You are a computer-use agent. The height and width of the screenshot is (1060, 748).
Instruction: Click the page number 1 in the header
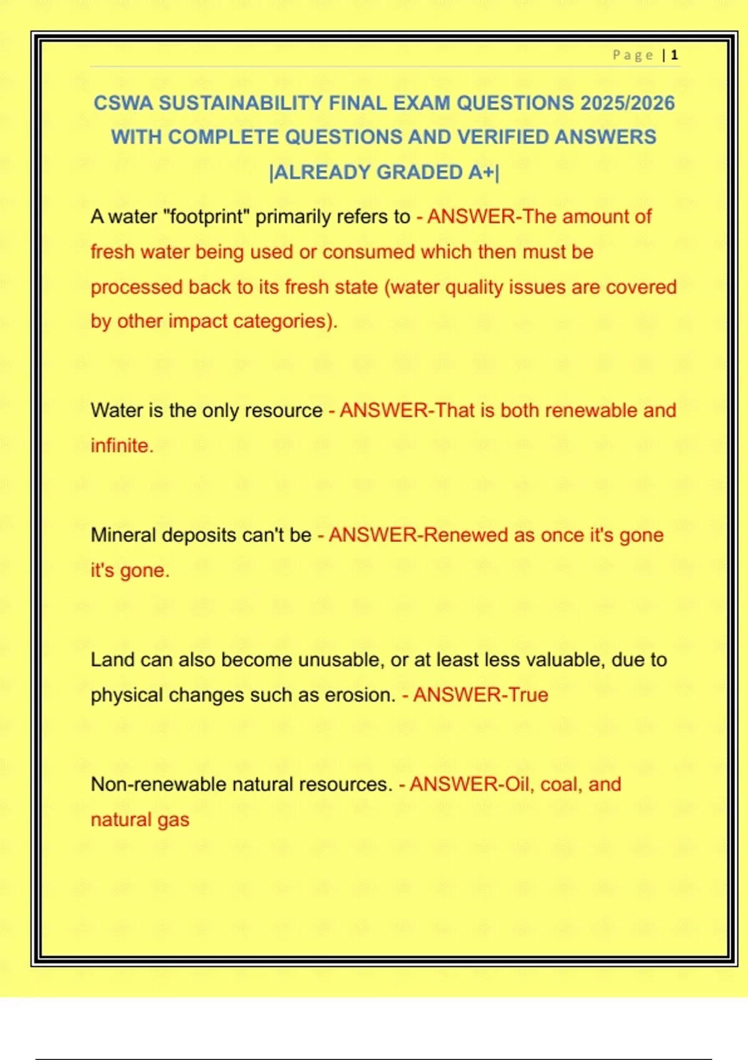click(x=674, y=55)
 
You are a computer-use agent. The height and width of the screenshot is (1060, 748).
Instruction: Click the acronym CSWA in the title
click(x=123, y=103)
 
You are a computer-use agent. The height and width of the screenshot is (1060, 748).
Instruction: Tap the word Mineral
click(x=123, y=535)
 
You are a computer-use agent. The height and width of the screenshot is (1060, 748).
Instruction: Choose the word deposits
click(x=199, y=535)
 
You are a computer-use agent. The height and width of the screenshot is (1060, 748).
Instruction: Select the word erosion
click(x=360, y=695)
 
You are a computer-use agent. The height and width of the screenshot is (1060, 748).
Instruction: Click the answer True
click(x=528, y=695)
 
